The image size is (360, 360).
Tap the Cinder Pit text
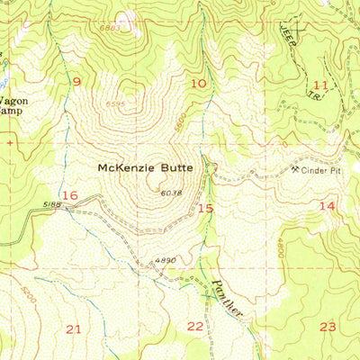click(324, 169)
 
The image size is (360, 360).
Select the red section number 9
click(76, 82)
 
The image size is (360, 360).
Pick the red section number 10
click(199, 84)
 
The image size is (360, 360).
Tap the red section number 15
click(205, 208)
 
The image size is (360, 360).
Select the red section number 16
click(70, 195)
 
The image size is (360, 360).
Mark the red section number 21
click(73, 328)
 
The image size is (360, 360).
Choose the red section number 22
click(194, 326)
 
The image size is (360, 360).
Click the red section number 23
click(328, 327)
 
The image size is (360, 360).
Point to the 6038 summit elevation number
click(171, 193)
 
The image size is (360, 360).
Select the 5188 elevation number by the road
click(50, 204)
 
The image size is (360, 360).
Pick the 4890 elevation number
click(164, 260)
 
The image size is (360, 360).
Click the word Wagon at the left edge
click(13, 101)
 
